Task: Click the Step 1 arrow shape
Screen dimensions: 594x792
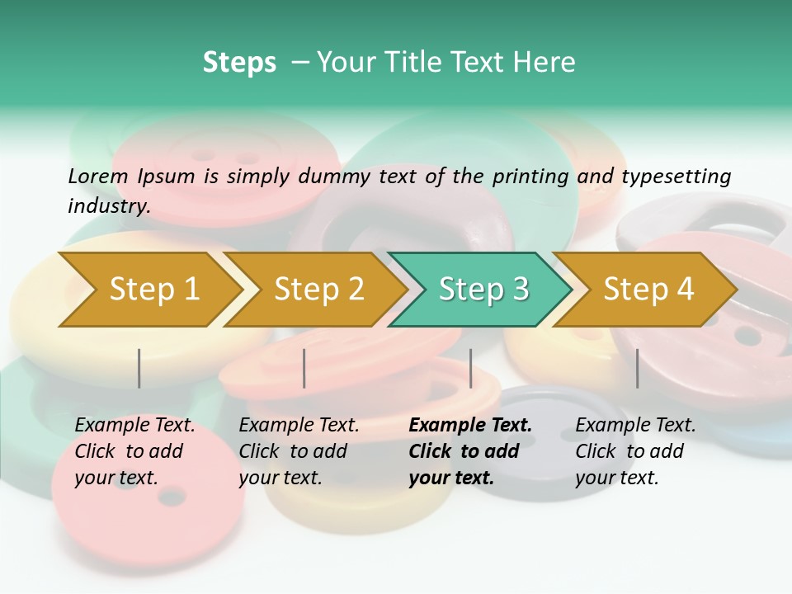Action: pyautogui.click(x=153, y=290)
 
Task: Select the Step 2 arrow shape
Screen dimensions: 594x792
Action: pyautogui.click(x=318, y=290)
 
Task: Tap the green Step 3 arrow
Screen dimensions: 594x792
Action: pyautogui.click(x=483, y=290)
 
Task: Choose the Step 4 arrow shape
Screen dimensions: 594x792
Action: pyautogui.click(x=648, y=290)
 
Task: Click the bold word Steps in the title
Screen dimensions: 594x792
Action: pyautogui.click(x=239, y=63)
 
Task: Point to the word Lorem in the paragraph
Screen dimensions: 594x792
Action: pyautogui.click(x=98, y=176)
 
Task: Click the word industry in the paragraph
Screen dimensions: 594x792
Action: pyautogui.click(x=107, y=205)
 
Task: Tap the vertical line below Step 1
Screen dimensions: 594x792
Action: pyautogui.click(x=139, y=368)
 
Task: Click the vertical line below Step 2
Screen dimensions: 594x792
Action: pyautogui.click(x=304, y=368)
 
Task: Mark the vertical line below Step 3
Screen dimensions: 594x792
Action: pyautogui.click(x=470, y=368)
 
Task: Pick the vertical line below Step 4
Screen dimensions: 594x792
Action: pyautogui.click(x=637, y=368)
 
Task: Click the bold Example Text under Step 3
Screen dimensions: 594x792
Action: pyautogui.click(x=470, y=426)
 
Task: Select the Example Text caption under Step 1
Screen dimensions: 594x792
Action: pyautogui.click(x=134, y=426)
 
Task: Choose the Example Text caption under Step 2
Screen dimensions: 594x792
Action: pyautogui.click(x=299, y=426)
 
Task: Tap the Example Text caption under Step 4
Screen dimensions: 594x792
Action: pyautogui.click(x=635, y=426)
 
